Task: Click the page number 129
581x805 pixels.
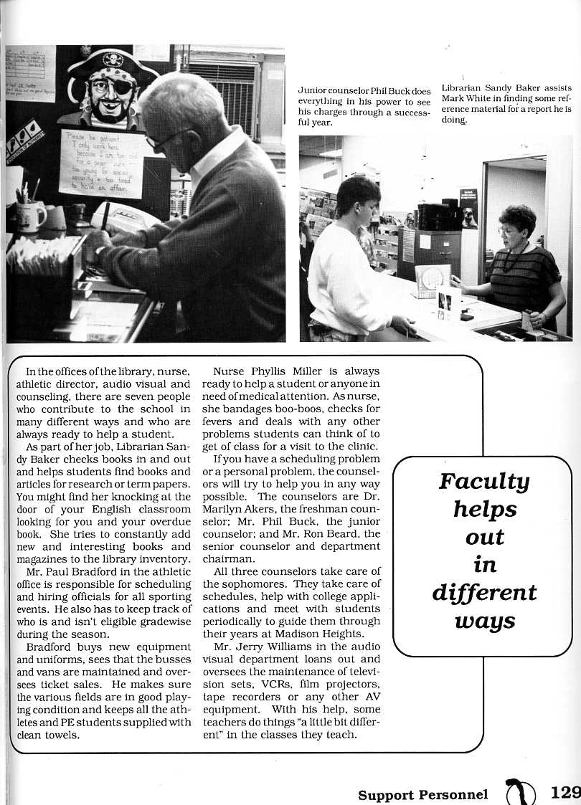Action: click(x=565, y=793)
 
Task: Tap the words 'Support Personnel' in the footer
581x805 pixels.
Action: click(x=423, y=794)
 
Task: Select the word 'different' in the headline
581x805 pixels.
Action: click(x=484, y=593)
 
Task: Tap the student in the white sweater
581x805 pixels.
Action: click(x=348, y=272)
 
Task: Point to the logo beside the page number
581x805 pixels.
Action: click(x=521, y=791)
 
